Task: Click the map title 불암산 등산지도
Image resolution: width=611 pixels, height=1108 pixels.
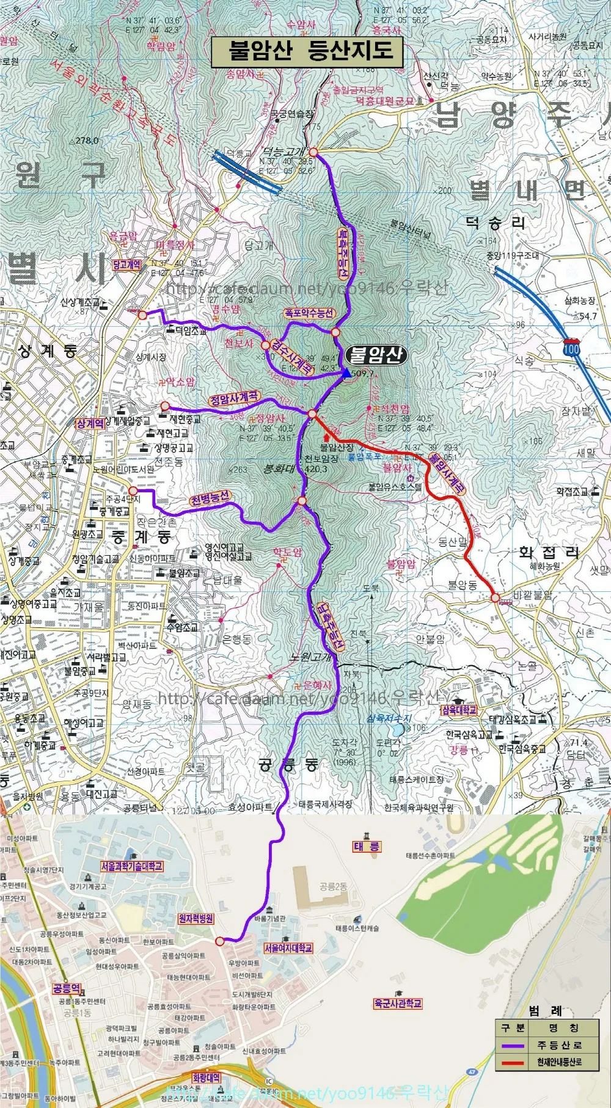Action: [x=307, y=51]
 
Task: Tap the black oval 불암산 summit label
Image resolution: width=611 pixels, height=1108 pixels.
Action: [x=376, y=355]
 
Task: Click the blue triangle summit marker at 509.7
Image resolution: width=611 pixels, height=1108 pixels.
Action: [x=347, y=373]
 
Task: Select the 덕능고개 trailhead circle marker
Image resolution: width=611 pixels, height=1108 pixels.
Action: [x=313, y=151]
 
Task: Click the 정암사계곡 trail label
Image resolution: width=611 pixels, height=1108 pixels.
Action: [x=235, y=399]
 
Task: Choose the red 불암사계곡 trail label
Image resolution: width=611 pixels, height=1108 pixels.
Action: [x=447, y=472]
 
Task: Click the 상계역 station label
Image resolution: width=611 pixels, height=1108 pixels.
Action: [x=90, y=423]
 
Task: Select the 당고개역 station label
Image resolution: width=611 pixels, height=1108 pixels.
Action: [x=126, y=264]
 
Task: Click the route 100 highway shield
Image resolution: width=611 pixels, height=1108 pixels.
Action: [x=571, y=348]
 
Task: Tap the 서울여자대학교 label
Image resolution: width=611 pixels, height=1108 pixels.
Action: [x=288, y=948]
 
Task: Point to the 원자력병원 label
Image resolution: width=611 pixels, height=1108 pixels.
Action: [x=196, y=918]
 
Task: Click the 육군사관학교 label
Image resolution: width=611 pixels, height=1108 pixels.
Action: [x=398, y=1003]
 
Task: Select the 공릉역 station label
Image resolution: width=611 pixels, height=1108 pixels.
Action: [x=67, y=988]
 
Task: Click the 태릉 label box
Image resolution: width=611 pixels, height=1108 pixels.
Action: [x=367, y=847]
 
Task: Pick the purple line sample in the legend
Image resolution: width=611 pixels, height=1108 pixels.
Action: [x=513, y=1045]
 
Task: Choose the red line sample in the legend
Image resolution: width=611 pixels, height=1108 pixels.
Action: [x=513, y=1062]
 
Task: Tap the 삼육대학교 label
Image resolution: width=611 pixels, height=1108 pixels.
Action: [x=459, y=710]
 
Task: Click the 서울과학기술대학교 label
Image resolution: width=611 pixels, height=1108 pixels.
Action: [x=132, y=866]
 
